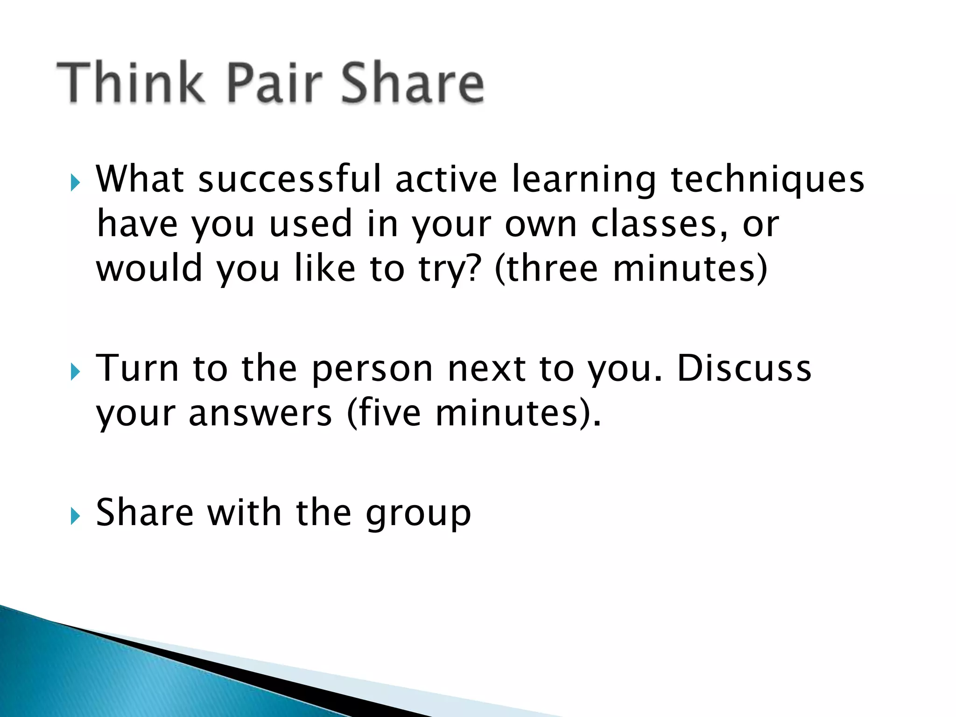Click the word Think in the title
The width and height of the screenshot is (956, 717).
pos(131,83)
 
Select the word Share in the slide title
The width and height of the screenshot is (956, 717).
pos(413,83)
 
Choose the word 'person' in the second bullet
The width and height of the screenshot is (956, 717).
pos(373,369)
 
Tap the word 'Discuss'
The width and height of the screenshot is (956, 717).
pos(744,368)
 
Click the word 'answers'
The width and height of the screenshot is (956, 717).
pos(260,413)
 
